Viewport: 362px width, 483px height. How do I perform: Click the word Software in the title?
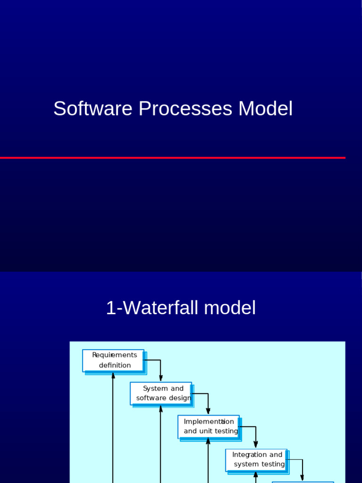pos(92,108)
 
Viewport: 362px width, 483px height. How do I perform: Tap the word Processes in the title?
pos(185,108)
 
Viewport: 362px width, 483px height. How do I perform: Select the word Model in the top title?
pos(265,108)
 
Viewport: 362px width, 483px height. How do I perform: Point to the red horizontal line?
pos(173,158)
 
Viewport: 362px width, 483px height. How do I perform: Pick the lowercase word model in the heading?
pos(230,308)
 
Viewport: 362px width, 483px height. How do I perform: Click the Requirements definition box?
pos(113,360)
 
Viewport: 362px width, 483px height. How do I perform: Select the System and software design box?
pos(161,393)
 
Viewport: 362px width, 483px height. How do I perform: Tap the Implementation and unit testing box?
pos(209,426)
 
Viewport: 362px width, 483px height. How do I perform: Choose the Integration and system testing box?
pos(256,459)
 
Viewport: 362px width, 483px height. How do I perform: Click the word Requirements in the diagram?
pos(115,355)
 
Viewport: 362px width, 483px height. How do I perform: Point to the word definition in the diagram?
pos(115,366)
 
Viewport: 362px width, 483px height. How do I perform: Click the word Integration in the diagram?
pos(249,455)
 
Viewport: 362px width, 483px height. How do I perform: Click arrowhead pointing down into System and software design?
pos(161,378)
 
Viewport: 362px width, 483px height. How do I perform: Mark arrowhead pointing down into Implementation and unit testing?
pos(208,411)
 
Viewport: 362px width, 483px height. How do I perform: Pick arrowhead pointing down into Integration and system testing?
pos(256,444)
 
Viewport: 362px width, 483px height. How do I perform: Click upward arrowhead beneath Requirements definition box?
pos(113,375)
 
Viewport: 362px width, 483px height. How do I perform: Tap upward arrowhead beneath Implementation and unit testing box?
pos(208,441)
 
